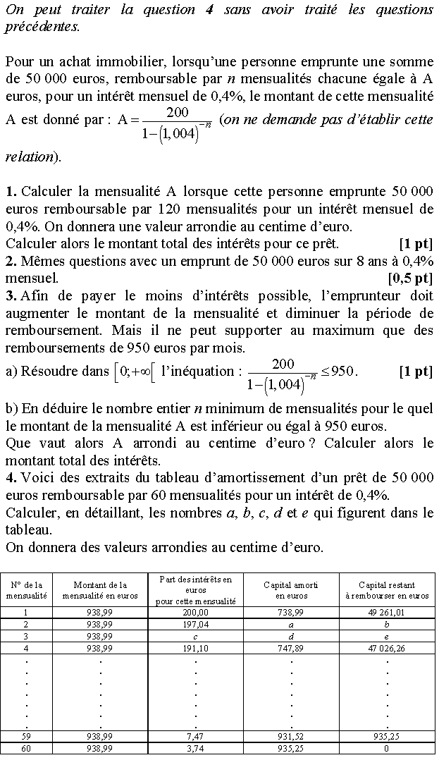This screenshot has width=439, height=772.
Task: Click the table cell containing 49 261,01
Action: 386,613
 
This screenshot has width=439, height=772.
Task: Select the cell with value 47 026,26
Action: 386,648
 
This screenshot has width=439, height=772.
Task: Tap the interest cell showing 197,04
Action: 196,625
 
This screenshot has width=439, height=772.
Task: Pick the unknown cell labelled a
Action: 291,625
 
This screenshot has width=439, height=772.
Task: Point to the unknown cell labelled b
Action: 386,625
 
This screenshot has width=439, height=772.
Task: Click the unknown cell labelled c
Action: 196,636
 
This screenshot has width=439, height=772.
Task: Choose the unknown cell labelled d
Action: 291,636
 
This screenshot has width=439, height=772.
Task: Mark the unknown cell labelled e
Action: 386,636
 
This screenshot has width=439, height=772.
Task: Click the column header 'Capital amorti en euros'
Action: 291,590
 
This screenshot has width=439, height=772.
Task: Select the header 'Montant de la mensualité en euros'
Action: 100,590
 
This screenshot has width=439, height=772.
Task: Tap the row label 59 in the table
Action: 26,737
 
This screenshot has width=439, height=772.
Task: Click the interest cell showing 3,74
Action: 196,749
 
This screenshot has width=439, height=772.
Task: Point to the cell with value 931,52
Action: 291,737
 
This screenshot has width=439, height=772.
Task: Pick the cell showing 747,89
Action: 291,648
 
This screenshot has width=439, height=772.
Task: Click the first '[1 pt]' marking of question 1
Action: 416,244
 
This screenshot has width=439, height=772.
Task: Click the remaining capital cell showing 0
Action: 386,749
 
